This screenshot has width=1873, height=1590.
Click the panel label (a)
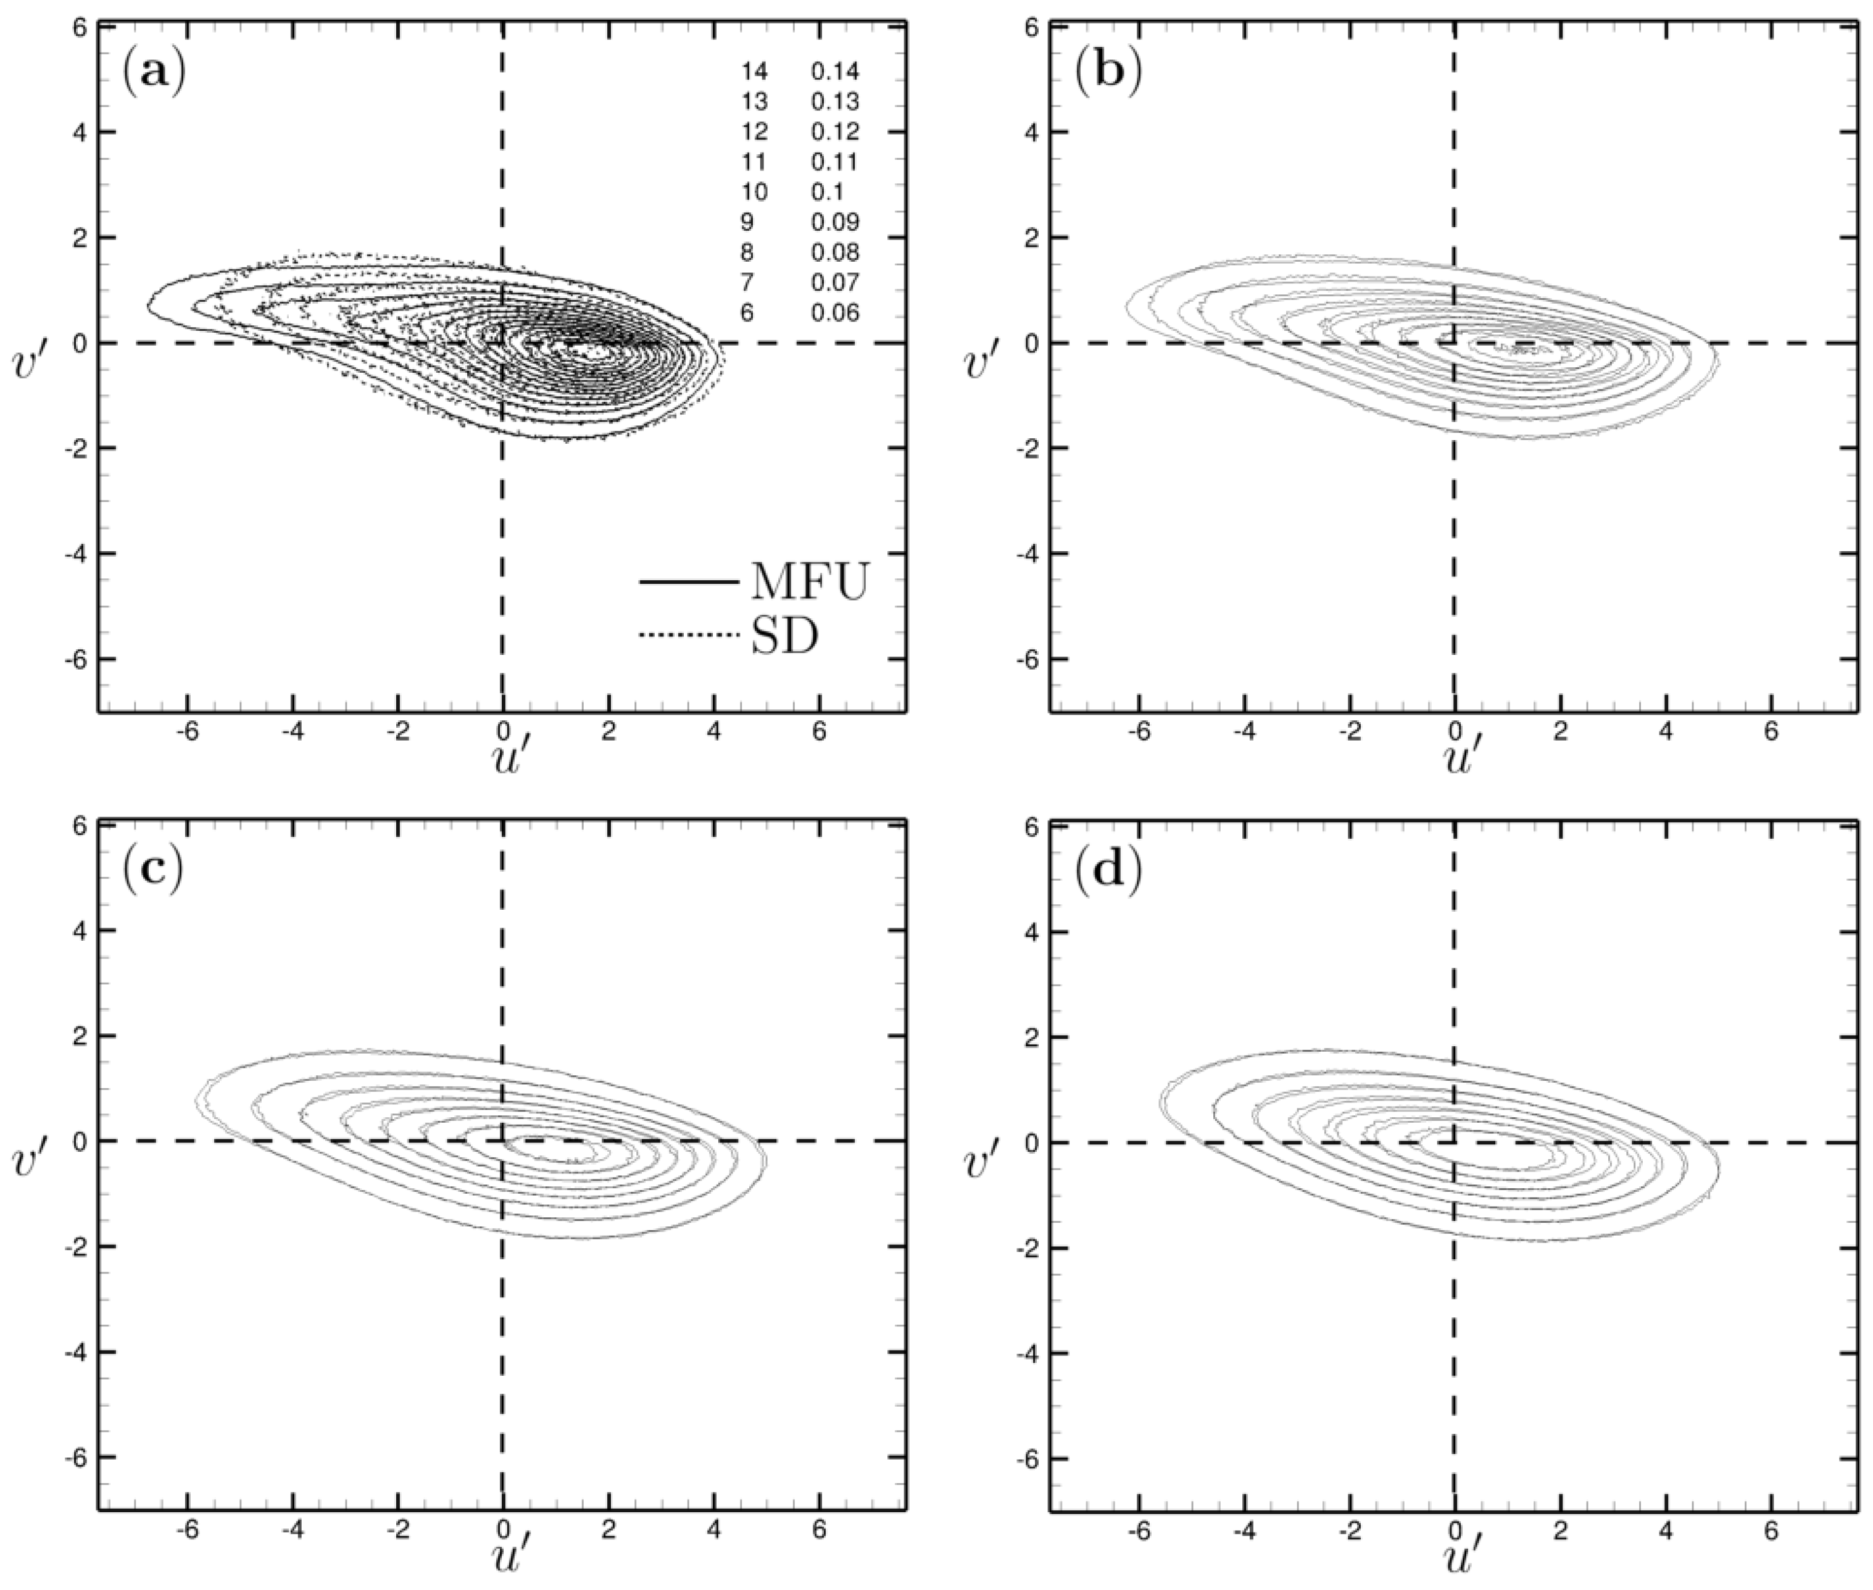tap(153, 71)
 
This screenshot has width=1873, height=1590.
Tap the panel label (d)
tap(1107, 868)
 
